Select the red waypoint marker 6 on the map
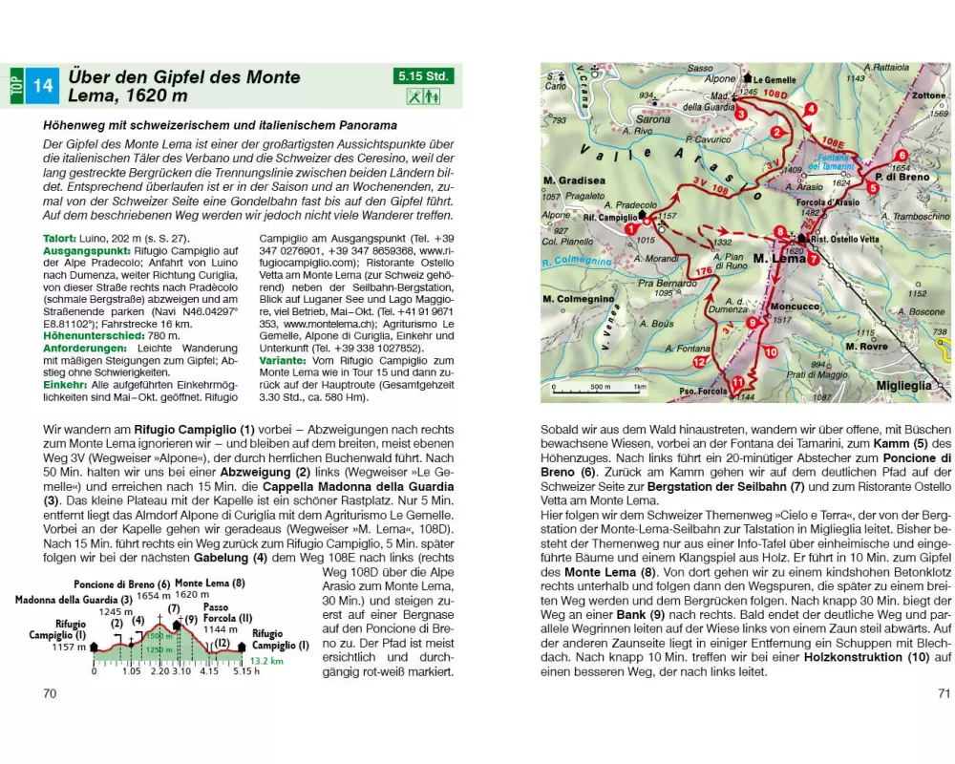point(901,156)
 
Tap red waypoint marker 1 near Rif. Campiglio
point(631,229)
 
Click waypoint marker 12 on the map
point(699,363)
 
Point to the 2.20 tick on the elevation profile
point(160,671)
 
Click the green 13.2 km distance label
point(266,659)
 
